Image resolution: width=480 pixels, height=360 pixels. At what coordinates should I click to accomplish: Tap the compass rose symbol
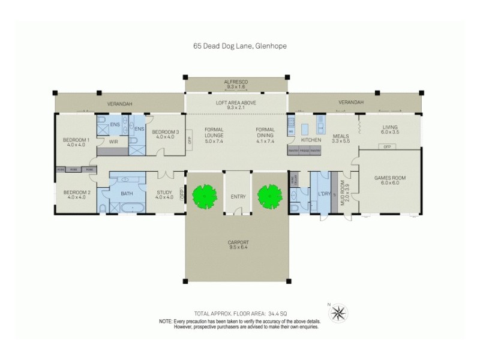click(339, 313)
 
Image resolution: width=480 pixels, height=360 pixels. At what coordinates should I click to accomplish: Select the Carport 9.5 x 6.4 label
click(237, 245)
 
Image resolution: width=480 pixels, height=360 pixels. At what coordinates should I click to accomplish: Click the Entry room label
click(237, 196)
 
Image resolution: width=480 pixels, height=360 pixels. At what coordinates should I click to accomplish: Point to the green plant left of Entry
click(204, 194)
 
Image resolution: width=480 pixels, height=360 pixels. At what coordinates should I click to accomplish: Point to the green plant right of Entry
click(269, 194)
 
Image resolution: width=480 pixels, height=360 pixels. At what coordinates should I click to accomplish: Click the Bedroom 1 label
click(76, 142)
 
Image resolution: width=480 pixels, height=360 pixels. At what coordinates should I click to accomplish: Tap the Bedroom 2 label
click(76, 194)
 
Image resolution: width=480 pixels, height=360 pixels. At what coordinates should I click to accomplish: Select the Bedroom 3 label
click(165, 134)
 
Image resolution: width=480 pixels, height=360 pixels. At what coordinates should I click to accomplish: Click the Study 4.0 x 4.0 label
click(164, 195)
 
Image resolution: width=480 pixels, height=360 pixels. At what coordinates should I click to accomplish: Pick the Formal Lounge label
click(214, 136)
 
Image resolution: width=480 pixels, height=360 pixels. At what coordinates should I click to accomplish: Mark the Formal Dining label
click(265, 136)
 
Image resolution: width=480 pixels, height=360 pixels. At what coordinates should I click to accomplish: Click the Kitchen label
click(303, 140)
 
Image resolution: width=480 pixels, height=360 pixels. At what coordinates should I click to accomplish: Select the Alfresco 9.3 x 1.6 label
click(236, 83)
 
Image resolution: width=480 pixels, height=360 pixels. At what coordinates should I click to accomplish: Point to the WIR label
click(112, 142)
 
